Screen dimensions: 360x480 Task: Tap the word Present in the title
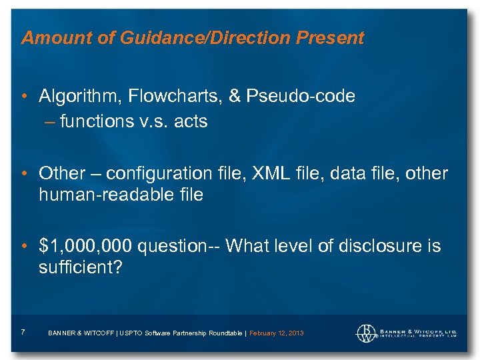331,38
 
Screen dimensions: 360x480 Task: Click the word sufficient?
77,268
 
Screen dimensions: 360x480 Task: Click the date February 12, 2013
276,333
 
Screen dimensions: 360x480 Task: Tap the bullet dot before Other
24,174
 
